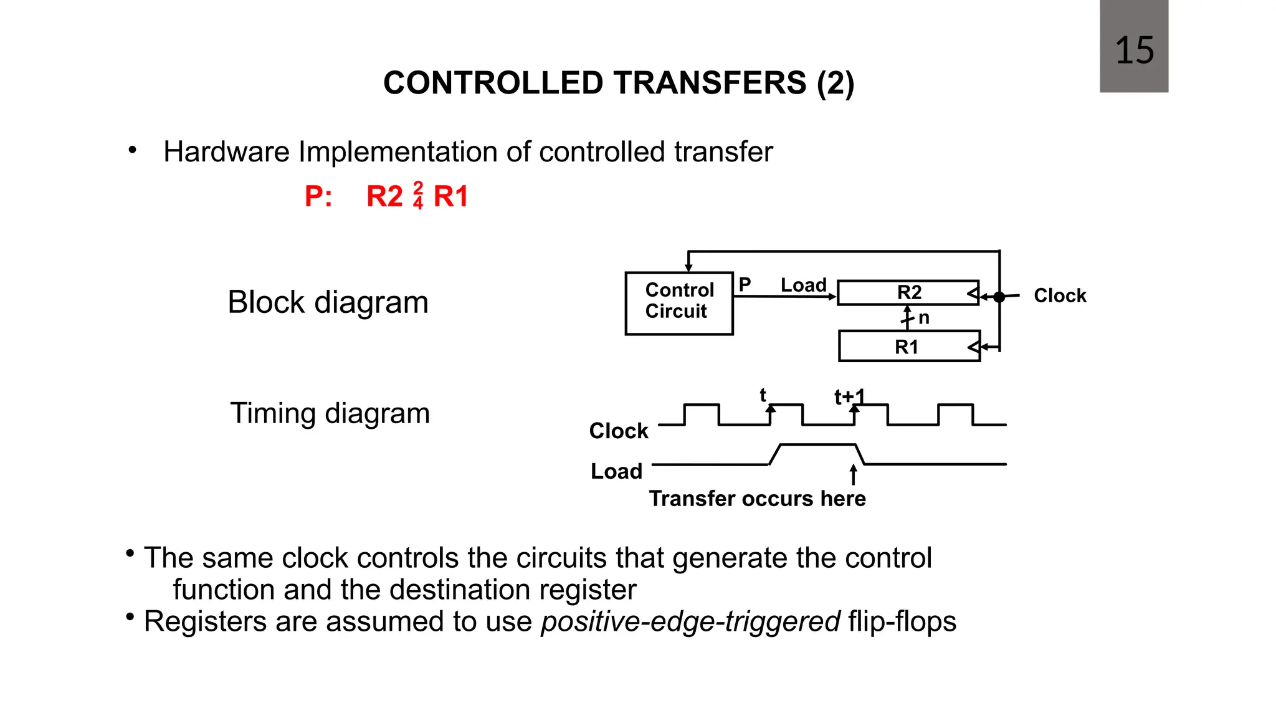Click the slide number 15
coord(1134,50)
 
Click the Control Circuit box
coord(678,303)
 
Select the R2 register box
coord(908,292)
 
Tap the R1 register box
coord(908,347)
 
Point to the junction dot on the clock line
coord(999,297)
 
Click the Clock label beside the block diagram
coord(1059,295)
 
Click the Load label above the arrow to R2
coord(803,285)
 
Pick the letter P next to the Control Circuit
coord(745,284)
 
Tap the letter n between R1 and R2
coord(924,318)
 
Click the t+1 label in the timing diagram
coord(849,396)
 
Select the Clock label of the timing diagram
coord(618,431)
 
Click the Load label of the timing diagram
coord(616,471)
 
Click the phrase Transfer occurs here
coord(757,499)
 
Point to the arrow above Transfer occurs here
coord(853,474)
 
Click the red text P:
coord(318,196)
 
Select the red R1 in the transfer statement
coord(450,196)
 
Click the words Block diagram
coord(328,302)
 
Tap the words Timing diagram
coord(330,413)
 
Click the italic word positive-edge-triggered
coord(690,621)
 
